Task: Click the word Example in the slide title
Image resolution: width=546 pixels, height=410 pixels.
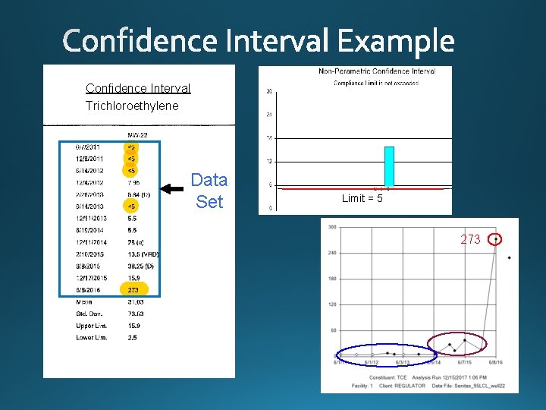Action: click(x=396, y=41)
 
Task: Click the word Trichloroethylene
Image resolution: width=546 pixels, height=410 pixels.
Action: click(x=132, y=106)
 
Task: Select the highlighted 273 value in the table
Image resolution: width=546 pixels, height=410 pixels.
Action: click(x=133, y=290)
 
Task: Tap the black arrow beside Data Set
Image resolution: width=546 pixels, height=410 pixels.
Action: click(x=173, y=191)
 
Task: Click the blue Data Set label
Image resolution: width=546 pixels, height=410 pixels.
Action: click(x=209, y=191)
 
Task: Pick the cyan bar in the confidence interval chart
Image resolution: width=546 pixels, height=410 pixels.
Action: click(x=389, y=166)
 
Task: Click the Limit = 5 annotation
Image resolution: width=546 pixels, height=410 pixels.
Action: click(x=362, y=199)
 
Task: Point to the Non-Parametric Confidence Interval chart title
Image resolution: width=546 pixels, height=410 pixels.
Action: click(x=377, y=71)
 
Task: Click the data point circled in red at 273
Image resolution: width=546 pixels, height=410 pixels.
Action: click(x=496, y=239)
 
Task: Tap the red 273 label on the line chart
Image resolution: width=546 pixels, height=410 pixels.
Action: click(x=470, y=239)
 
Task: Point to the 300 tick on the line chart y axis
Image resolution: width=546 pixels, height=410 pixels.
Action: click(x=331, y=227)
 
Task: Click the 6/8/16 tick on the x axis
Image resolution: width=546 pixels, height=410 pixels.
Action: click(x=495, y=363)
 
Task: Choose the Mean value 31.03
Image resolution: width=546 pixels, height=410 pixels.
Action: click(x=135, y=302)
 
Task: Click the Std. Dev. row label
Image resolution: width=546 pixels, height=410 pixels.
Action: click(x=91, y=314)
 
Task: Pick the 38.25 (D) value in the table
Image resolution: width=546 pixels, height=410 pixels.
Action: click(x=141, y=266)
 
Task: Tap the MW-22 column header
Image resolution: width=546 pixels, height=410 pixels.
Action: click(x=137, y=134)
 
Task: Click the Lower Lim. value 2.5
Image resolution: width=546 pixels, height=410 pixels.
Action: click(x=132, y=337)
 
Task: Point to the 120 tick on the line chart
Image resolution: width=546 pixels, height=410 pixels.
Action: click(x=331, y=304)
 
